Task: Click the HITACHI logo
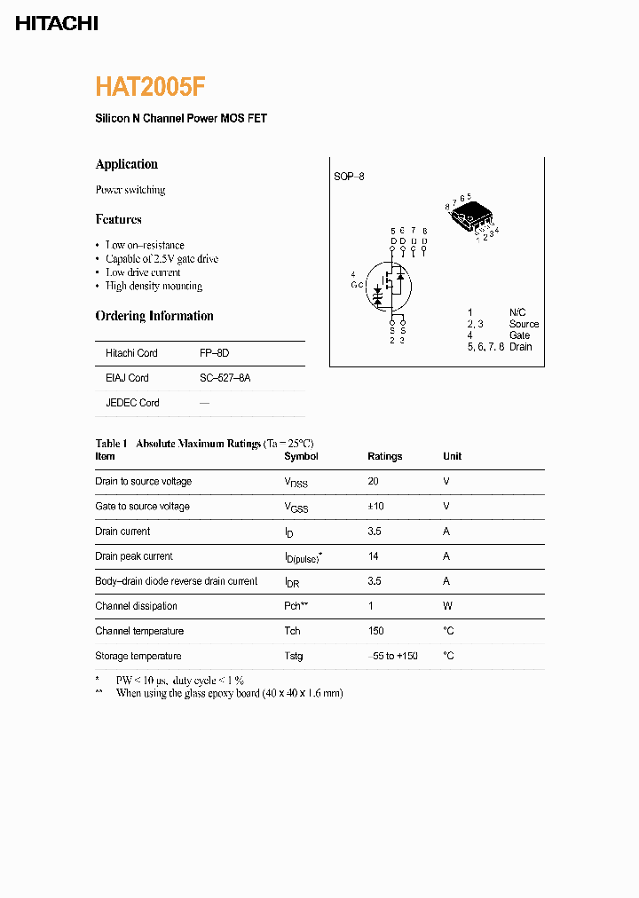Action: (57, 24)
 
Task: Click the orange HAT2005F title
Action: (151, 86)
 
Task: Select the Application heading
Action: (126, 164)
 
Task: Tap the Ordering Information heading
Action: (154, 316)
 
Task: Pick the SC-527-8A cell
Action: (225, 378)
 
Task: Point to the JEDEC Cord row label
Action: (132, 403)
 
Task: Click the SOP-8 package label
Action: (349, 177)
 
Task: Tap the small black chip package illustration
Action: (470, 216)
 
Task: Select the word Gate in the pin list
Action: (519, 335)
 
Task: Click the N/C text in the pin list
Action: (517, 312)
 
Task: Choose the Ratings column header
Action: (384, 457)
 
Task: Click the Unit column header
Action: (452, 457)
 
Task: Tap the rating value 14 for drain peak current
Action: (374, 556)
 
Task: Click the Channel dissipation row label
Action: (136, 606)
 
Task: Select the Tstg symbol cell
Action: (293, 657)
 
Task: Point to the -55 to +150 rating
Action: (392, 657)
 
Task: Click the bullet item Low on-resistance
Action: (145, 245)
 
